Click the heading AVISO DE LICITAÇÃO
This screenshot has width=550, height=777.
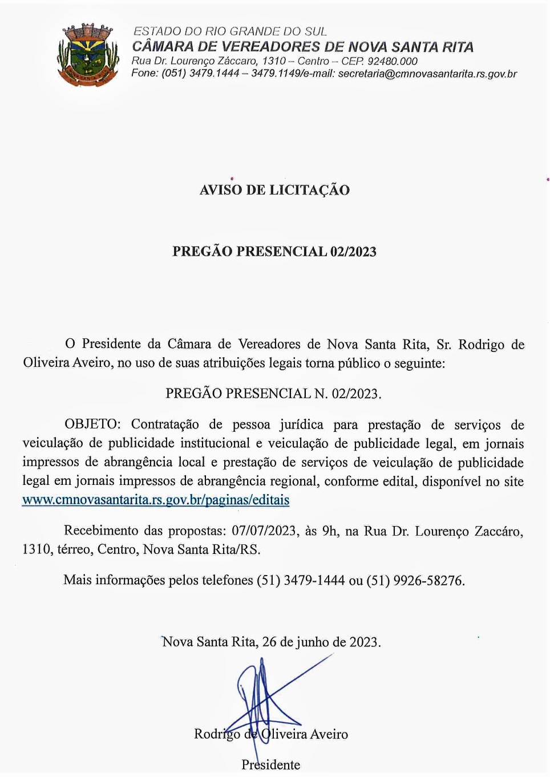click(274, 190)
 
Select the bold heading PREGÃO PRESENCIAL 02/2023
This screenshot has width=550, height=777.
click(274, 252)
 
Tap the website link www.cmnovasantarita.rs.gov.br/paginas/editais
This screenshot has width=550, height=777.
click(156, 500)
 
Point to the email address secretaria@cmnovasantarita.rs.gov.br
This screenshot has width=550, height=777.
click(427, 74)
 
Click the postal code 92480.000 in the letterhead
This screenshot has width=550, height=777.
click(392, 61)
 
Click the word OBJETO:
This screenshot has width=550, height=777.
click(92, 424)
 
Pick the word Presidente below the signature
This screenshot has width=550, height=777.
click(270, 765)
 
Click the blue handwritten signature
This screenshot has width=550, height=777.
click(268, 702)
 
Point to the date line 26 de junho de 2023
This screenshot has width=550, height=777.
click(321, 642)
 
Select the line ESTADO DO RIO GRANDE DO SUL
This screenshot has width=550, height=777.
click(230, 31)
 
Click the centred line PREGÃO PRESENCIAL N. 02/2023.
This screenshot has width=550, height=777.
click(273, 394)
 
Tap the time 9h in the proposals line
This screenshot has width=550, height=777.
click(330, 531)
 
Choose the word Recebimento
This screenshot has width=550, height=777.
click(101, 531)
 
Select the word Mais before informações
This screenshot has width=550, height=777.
click(78, 581)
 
